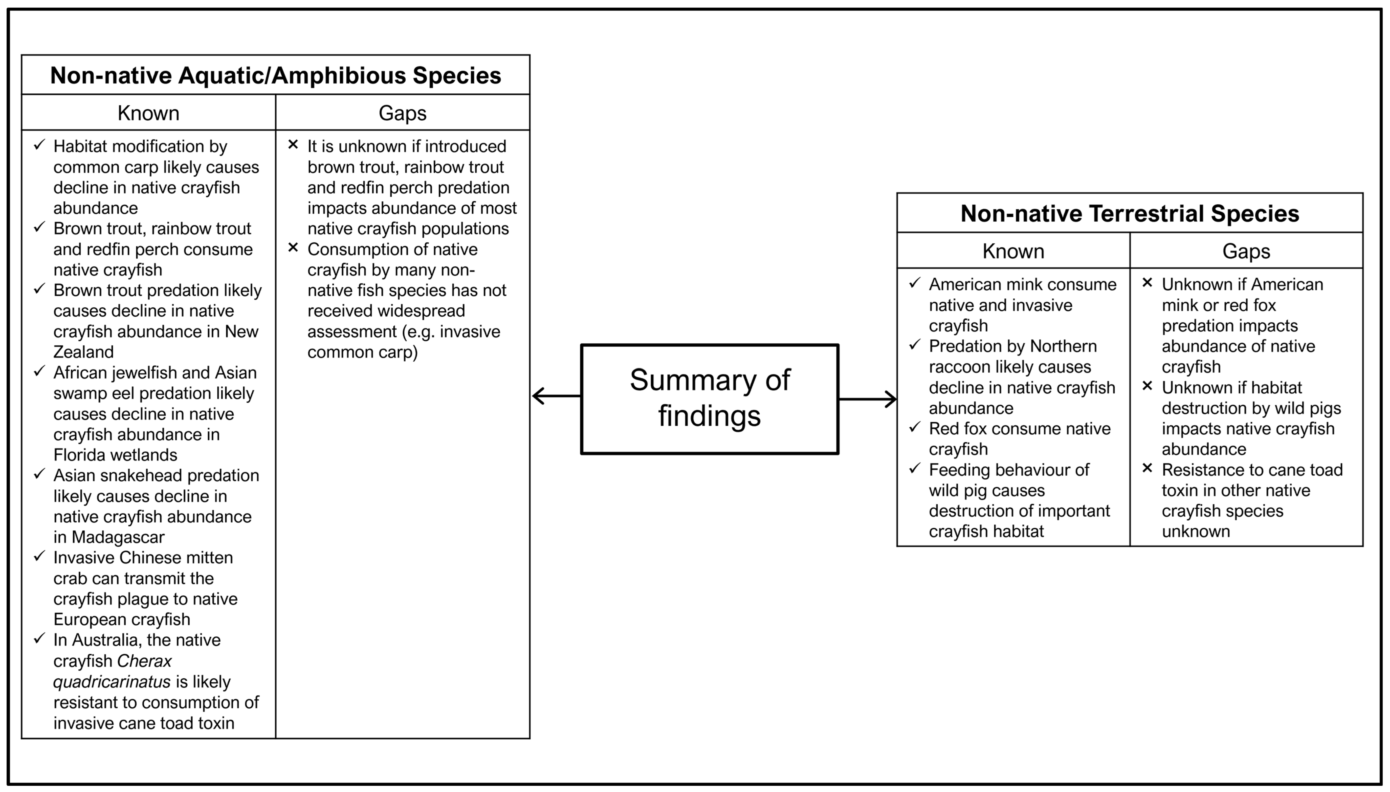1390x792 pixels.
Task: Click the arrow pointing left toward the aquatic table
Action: (x=555, y=396)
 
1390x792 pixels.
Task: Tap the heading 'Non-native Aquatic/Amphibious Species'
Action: (x=275, y=75)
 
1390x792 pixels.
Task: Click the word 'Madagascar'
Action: (x=118, y=537)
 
